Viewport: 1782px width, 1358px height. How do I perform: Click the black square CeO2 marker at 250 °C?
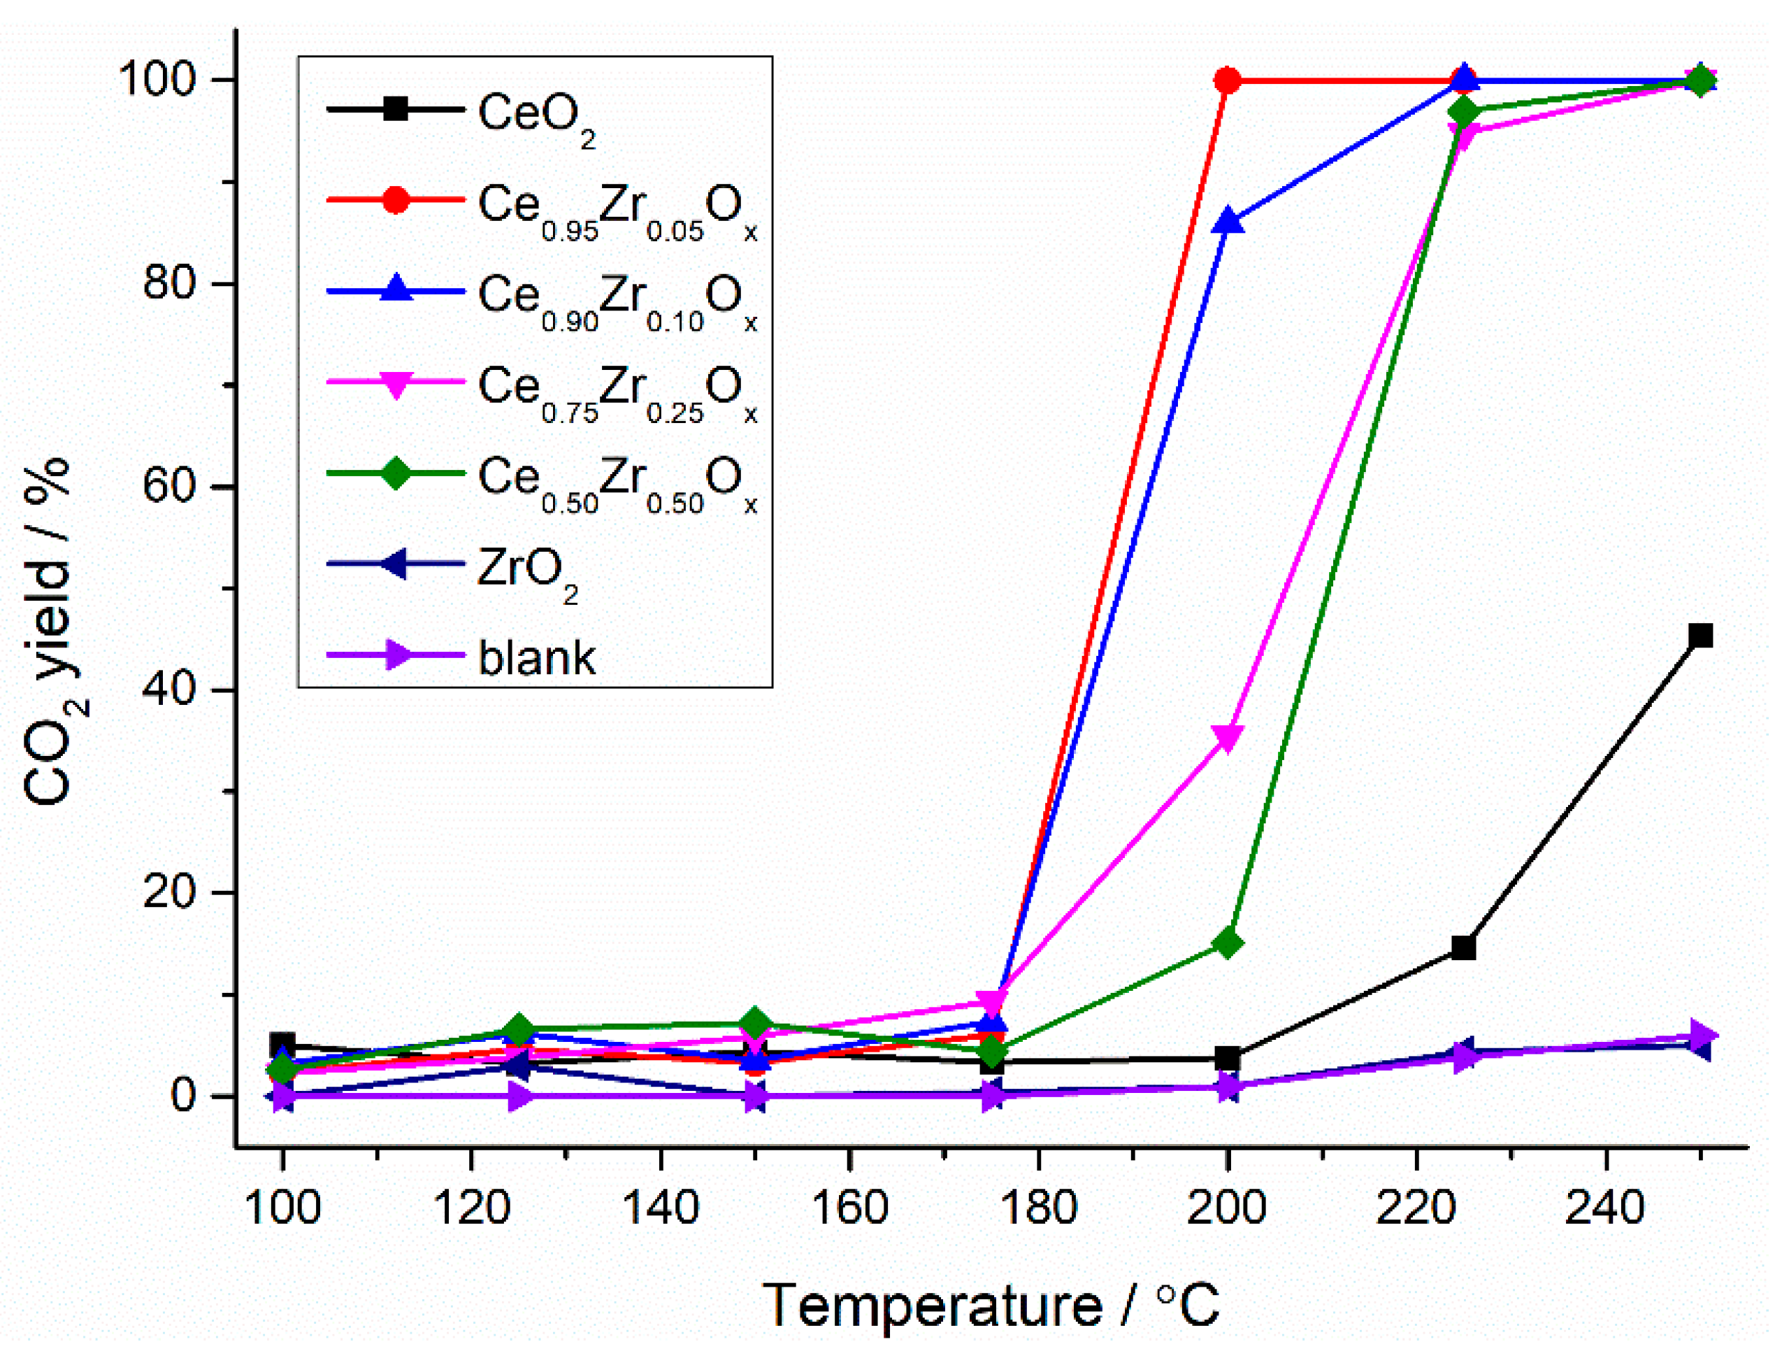click(x=1700, y=636)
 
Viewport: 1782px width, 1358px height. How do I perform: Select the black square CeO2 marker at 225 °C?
click(x=1464, y=948)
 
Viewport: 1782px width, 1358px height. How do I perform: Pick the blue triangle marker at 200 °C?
click(x=1228, y=221)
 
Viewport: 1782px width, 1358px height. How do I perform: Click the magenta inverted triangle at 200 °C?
click(x=1227, y=736)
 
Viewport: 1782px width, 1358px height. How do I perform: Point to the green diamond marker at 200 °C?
click(x=1227, y=943)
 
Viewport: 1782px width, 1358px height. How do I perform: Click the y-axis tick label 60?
click(x=169, y=487)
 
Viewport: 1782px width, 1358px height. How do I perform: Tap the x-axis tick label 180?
click(x=1037, y=1208)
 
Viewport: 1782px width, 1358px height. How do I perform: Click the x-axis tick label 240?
click(x=1605, y=1208)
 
